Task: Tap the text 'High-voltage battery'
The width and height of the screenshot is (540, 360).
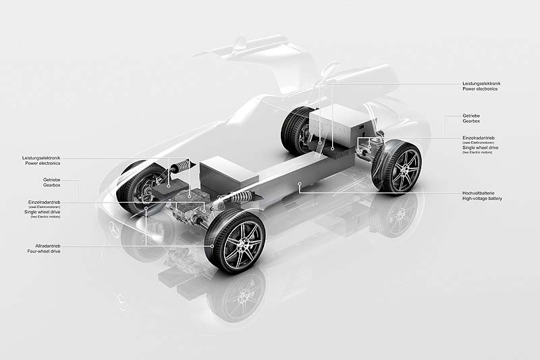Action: pos(482,199)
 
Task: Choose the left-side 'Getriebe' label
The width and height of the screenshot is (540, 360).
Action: pos(52,180)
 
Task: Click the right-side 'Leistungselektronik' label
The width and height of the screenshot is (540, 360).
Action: pos(481,83)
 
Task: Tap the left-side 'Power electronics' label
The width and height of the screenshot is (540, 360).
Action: pos(42,163)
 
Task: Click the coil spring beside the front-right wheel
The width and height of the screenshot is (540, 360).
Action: pos(238,198)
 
